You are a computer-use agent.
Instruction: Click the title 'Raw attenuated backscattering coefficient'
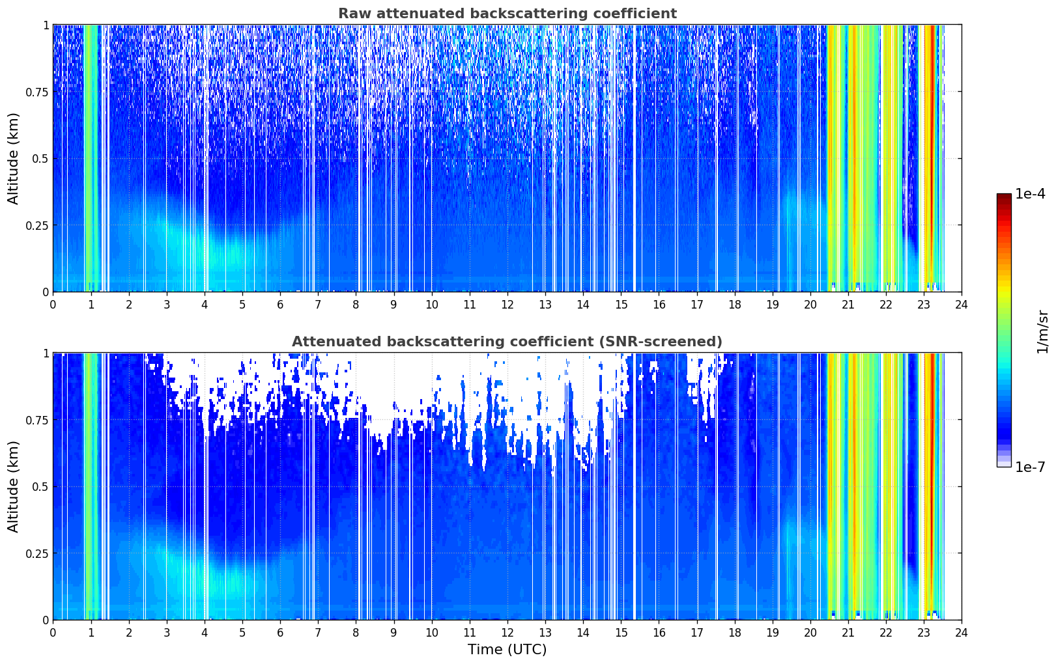[x=507, y=13]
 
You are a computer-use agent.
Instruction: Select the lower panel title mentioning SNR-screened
[x=507, y=341]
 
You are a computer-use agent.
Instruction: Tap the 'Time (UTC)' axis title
[x=507, y=650]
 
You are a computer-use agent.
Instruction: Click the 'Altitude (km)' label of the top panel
[x=13, y=158]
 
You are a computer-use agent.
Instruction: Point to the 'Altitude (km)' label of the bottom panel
[x=13, y=486]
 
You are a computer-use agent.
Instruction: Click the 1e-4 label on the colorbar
[x=1030, y=193]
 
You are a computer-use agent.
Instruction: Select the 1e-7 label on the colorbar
[x=1030, y=467]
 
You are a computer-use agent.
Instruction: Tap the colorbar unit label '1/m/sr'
[x=1042, y=331]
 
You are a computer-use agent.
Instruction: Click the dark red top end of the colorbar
[x=1004, y=196]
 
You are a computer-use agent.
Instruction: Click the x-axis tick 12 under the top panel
[x=507, y=305]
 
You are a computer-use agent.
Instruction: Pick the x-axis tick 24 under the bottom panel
[x=962, y=633]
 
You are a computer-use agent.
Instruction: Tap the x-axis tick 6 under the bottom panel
[x=280, y=633]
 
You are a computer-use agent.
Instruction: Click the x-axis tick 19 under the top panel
[x=772, y=305]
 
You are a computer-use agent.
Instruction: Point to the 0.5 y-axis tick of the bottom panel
[x=40, y=486]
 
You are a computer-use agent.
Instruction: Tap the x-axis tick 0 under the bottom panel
[x=53, y=633]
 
